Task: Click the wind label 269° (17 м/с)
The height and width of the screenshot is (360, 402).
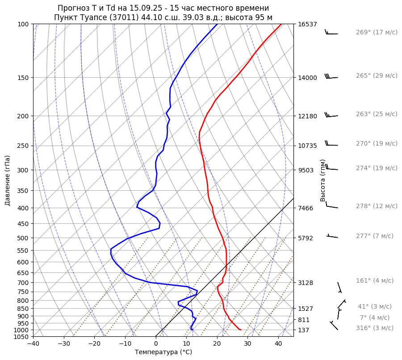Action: point(377,32)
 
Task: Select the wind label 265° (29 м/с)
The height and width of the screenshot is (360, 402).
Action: point(377,75)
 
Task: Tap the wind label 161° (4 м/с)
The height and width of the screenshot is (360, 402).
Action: point(375,280)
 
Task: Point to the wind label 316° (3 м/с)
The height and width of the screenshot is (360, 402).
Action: point(375,328)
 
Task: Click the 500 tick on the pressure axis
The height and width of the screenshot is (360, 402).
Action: point(23,238)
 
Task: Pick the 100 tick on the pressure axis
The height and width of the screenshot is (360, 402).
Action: point(23,24)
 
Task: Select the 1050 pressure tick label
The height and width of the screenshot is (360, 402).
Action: point(21,337)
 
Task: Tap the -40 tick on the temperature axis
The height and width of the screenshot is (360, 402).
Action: point(33,344)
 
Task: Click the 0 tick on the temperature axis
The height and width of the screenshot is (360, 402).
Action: point(155,344)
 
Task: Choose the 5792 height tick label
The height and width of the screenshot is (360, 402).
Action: point(306,238)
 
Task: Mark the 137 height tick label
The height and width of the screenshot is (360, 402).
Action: point(304,330)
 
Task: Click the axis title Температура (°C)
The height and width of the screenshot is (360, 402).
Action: point(163,352)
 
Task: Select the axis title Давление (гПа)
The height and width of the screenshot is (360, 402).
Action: point(8,180)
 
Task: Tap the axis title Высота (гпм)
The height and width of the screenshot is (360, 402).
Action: point(323,180)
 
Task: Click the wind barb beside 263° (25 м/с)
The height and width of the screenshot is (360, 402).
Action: point(331,115)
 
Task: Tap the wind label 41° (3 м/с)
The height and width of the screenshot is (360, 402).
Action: point(374,306)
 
